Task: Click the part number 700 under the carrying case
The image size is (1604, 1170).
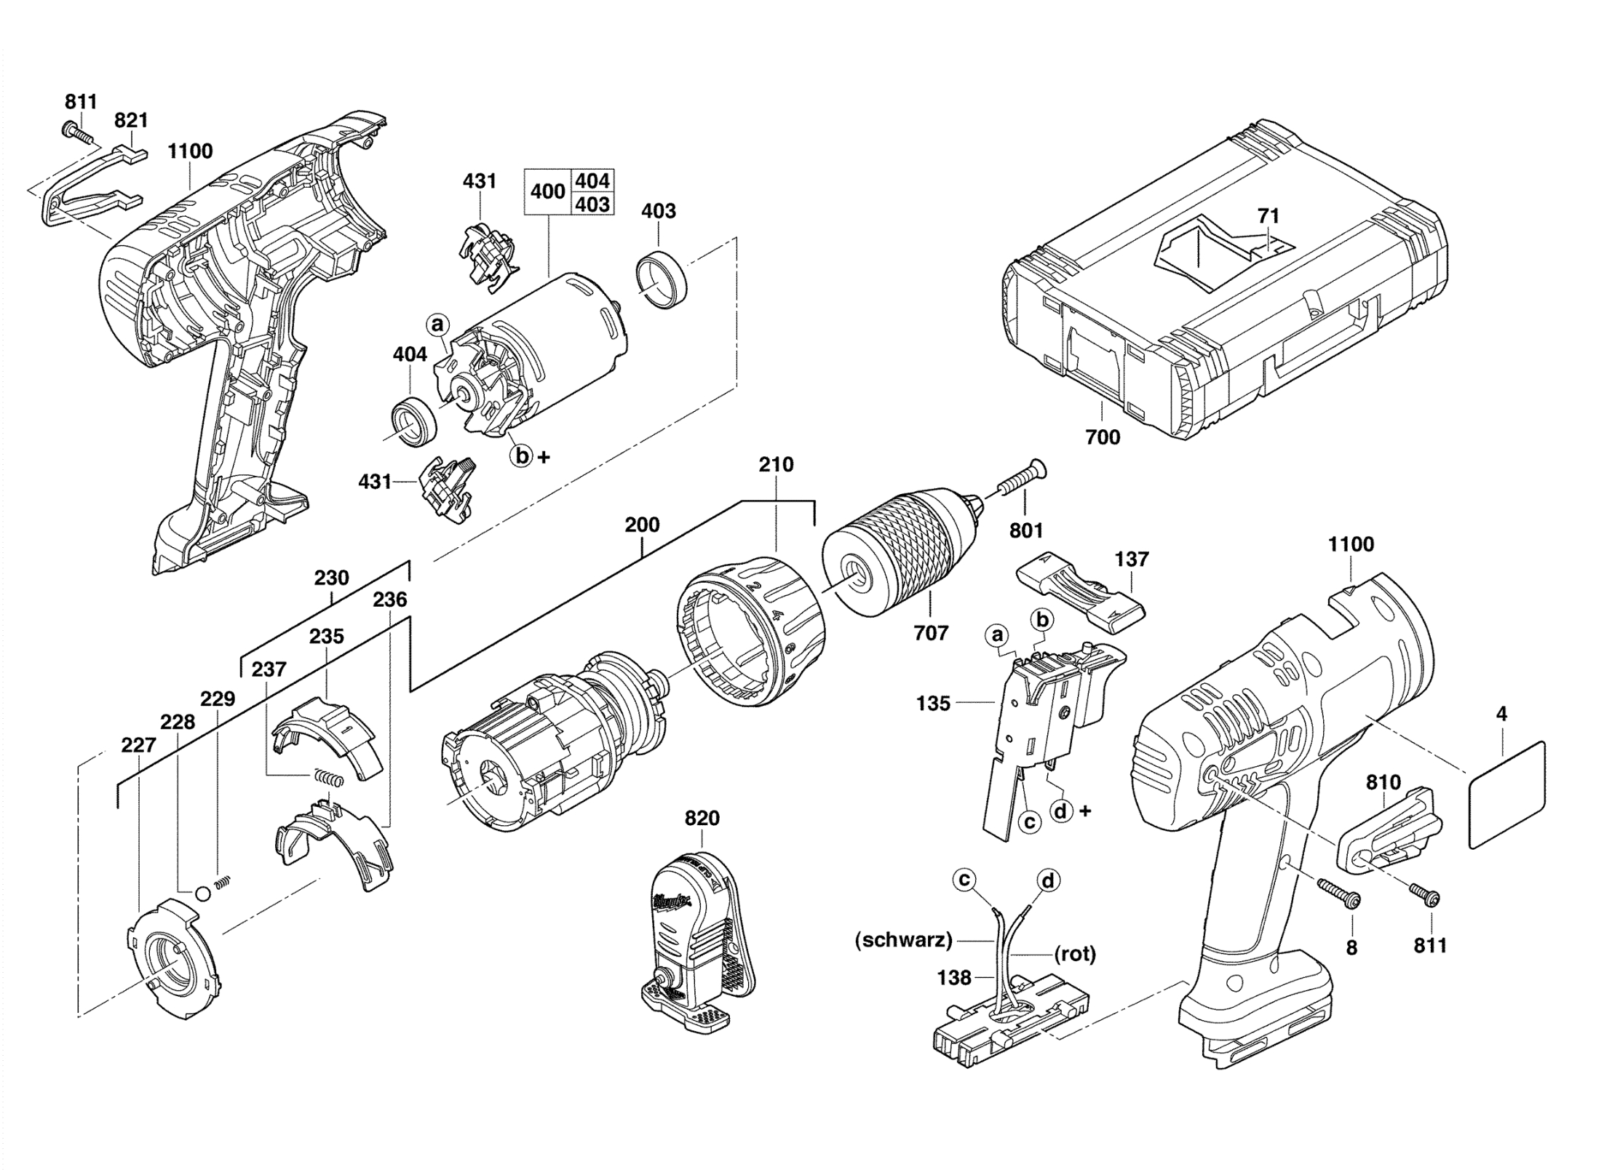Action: pyautogui.click(x=1103, y=437)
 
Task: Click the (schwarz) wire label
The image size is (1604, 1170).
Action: pyautogui.click(x=903, y=940)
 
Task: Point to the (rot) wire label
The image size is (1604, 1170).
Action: pyautogui.click(x=1074, y=953)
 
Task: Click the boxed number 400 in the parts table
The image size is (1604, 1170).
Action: pyautogui.click(x=547, y=191)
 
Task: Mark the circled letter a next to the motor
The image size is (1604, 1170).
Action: pyautogui.click(x=437, y=324)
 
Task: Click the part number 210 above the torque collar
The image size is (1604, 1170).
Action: pyautogui.click(x=776, y=464)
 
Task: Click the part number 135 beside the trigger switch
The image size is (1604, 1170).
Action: pyautogui.click(x=933, y=704)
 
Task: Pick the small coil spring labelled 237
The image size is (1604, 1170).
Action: pyautogui.click(x=328, y=776)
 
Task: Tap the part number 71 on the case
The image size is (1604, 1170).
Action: pyautogui.click(x=1268, y=215)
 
